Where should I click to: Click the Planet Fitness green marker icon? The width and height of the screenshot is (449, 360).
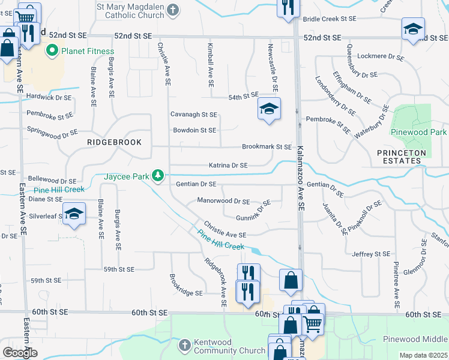click(52, 51)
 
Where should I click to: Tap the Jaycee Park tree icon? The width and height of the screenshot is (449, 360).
click(158, 176)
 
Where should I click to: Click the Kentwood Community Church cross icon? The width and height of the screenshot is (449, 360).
click(185, 345)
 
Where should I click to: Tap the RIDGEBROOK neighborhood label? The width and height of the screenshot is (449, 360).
click(114, 142)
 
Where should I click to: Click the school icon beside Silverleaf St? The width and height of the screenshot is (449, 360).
click(74, 214)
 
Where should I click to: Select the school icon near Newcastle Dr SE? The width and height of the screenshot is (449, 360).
click(269, 109)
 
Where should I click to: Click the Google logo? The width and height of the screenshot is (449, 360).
click(20, 353)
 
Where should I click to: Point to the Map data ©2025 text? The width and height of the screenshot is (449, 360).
click(423, 355)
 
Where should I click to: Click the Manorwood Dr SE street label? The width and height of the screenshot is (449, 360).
click(223, 202)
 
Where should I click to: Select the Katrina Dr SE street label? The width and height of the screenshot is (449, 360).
click(228, 165)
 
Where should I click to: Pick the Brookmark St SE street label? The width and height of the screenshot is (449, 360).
click(267, 146)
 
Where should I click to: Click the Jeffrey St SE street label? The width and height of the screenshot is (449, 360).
click(373, 254)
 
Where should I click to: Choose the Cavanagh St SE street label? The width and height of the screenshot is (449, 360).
click(193, 114)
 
